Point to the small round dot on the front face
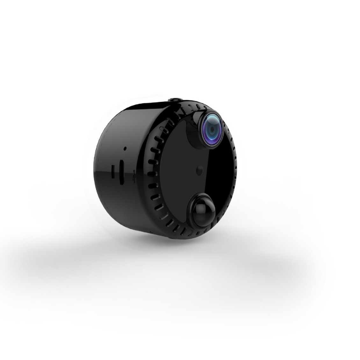[200, 168]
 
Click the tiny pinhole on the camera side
[125, 148]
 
